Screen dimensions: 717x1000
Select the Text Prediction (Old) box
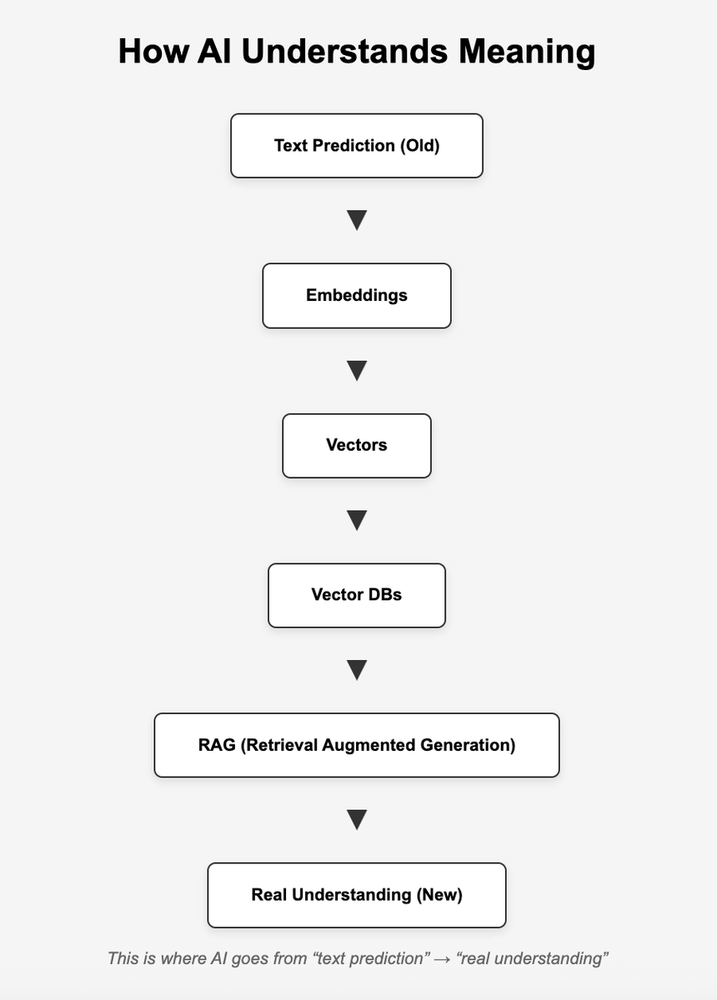point(357,146)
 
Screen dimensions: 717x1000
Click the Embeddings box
point(357,296)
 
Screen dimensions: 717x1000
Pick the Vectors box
point(357,446)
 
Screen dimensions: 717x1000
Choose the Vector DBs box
point(357,596)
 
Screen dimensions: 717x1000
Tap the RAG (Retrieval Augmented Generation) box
point(357,745)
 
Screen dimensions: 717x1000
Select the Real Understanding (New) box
point(357,895)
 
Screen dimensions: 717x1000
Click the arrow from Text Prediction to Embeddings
point(357,221)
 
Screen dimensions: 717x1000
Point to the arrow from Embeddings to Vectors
point(357,371)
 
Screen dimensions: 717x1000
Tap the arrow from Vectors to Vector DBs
point(357,521)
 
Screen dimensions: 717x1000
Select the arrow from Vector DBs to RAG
point(357,670)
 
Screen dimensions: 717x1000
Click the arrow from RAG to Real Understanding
point(357,820)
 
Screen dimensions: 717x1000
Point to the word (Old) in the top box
point(419,146)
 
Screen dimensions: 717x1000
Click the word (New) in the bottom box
point(439,895)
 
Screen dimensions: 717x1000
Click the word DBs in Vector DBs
point(385,596)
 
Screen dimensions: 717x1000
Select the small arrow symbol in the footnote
point(442,958)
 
